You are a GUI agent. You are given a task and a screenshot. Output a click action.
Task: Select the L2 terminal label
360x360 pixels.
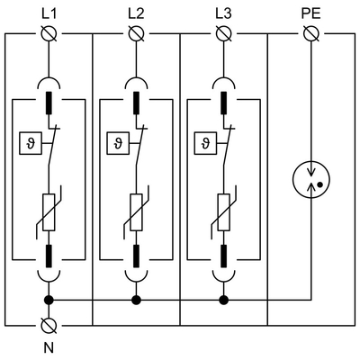click(x=135, y=13)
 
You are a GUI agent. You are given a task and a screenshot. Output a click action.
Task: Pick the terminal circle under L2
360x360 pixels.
click(x=135, y=34)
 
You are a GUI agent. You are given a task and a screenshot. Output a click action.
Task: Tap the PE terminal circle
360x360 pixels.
click(x=311, y=34)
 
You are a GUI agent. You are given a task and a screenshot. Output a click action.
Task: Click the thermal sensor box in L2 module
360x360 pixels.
click(x=115, y=141)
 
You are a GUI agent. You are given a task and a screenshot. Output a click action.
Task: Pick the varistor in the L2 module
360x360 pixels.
click(x=135, y=214)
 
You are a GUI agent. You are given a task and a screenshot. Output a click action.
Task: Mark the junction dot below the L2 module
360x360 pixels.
click(x=135, y=300)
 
